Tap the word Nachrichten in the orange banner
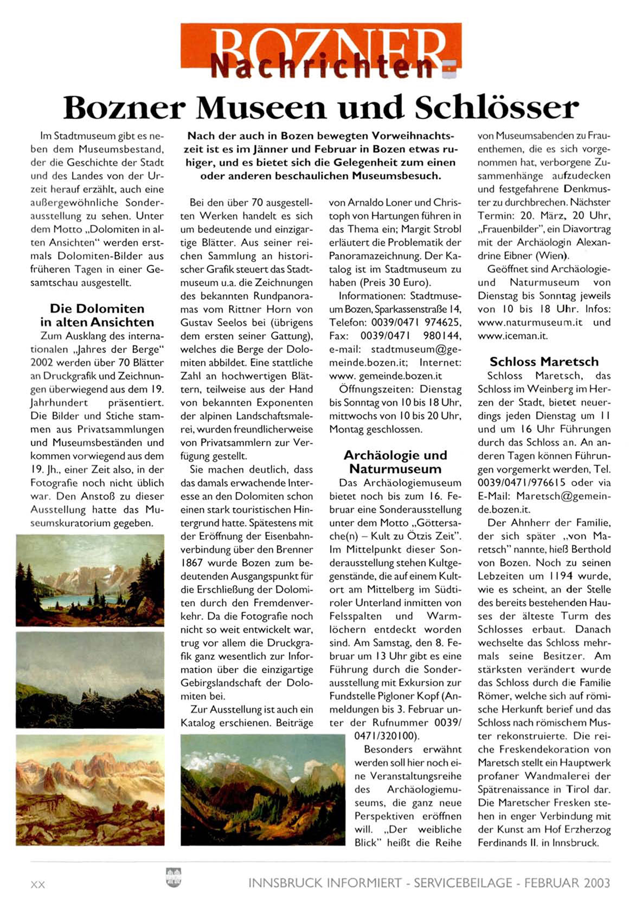pos(322,66)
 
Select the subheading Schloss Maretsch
pos(544,362)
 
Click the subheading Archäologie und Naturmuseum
pos(395,462)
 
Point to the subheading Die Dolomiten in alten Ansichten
pos(97,315)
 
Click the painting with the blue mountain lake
pos(90,580)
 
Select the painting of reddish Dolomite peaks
pos(90,790)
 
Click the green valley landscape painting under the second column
pos(262,789)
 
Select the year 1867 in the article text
pos(194,563)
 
